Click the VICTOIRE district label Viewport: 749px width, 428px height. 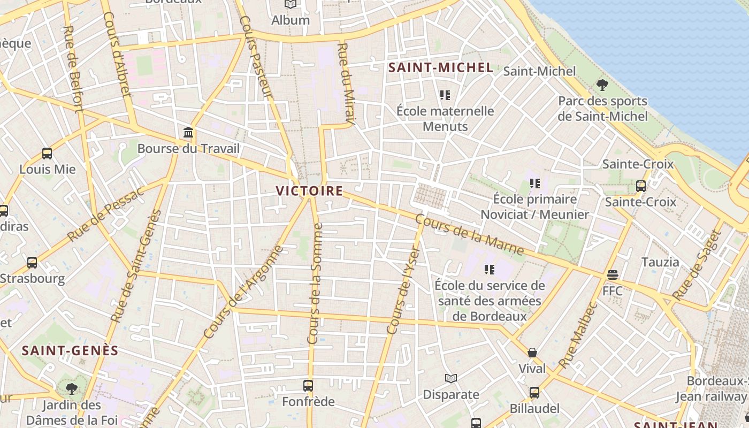pyautogui.click(x=309, y=190)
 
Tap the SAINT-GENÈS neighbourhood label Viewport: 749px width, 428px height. pyautogui.click(x=70, y=350)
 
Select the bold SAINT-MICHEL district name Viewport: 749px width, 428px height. pyautogui.click(x=440, y=67)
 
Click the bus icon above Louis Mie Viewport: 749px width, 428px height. pyautogui.click(x=47, y=154)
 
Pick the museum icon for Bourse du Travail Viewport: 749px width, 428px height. pyautogui.click(x=188, y=132)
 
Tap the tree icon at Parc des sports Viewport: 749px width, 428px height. pyautogui.click(x=602, y=85)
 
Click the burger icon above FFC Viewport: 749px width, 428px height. pyautogui.click(x=613, y=275)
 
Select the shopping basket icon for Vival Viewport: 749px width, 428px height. pyautogui.click(x=532, y=353)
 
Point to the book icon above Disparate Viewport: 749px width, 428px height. pyautogui.click(x=451, y=379)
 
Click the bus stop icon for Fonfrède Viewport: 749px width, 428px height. pyautogui.click(x=308, y=385)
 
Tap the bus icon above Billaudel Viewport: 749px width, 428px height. pyautogui.click(x=534, y=393)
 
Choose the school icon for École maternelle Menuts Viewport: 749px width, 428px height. pyautogui.click(x=445, y=95)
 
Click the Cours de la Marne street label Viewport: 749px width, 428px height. pyautogui.click(x=469, y=235)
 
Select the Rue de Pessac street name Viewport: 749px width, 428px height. pyautogui.click(x=105, y=215)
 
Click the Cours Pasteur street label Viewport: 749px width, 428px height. pyautogui.click(x=256, y=57)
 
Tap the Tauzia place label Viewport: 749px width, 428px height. pyautogui.click(x=660, y=262)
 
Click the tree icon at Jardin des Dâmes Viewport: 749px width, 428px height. pyautogui.click(x=71, y=388)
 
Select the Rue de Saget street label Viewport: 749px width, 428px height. pyautogui.click(x=696, y=265)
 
